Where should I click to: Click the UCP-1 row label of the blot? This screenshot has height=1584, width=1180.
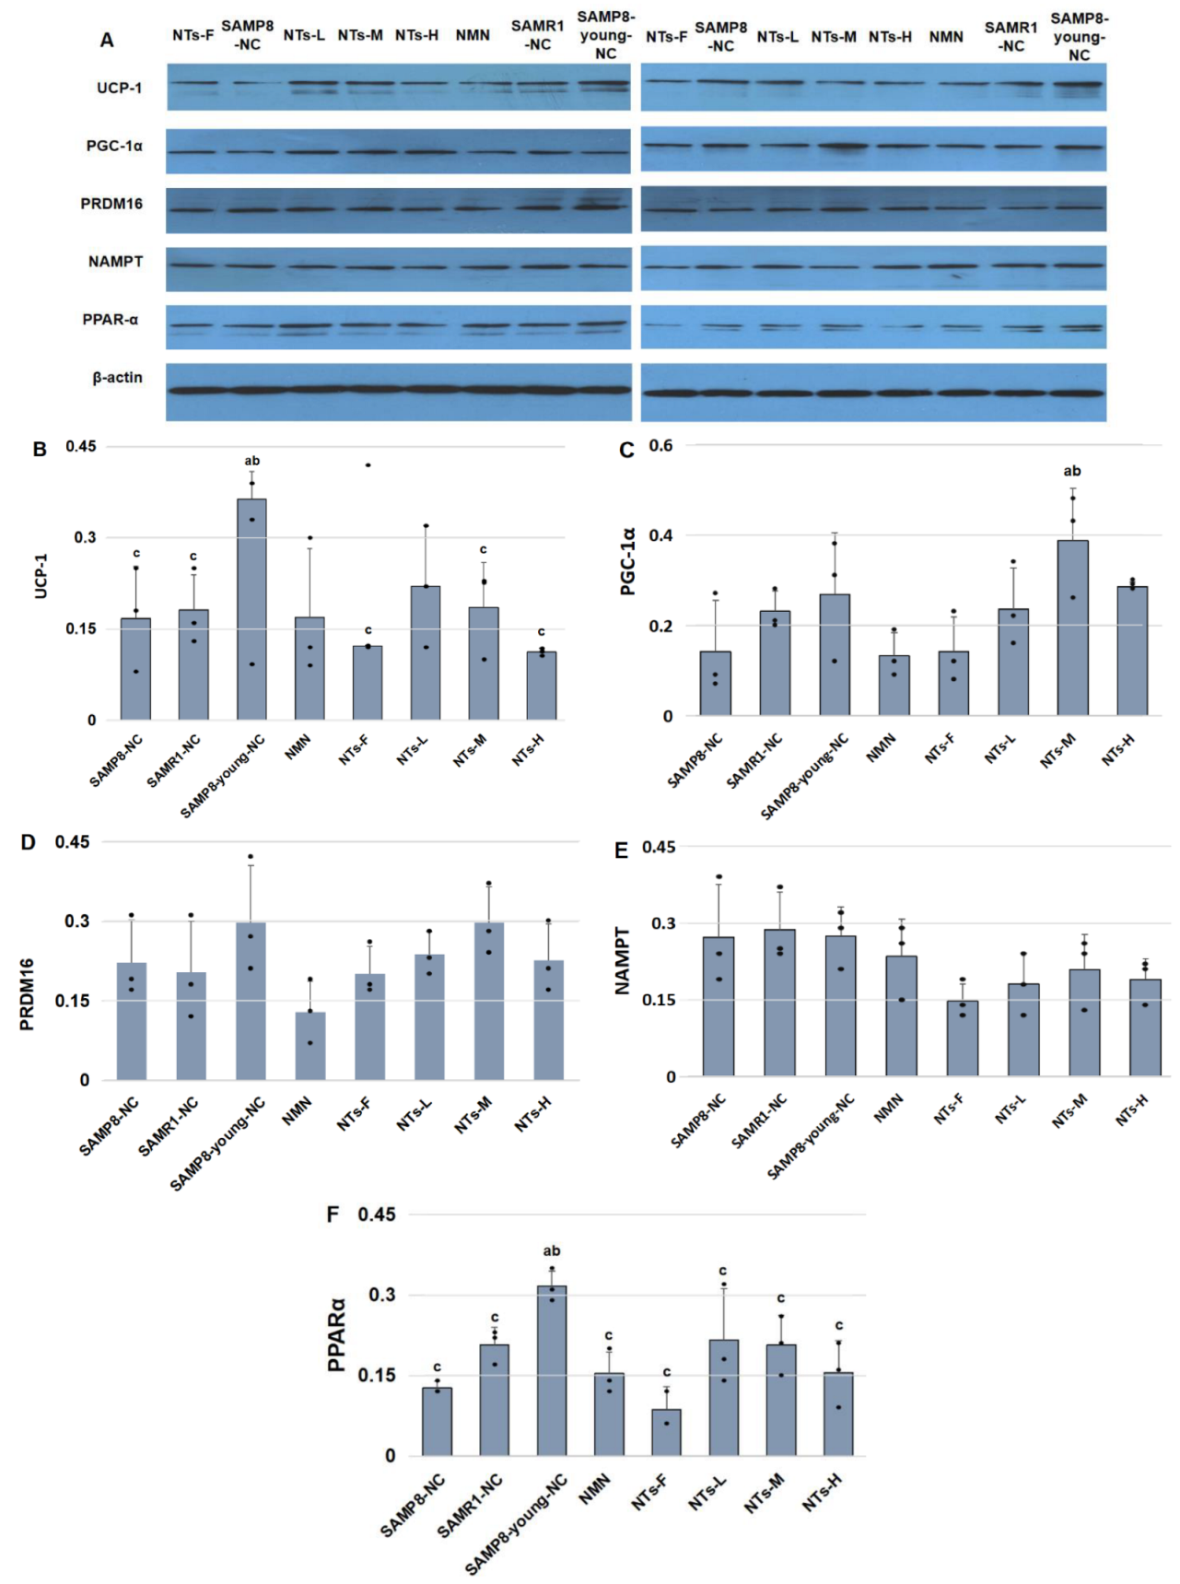(x=119, y=88)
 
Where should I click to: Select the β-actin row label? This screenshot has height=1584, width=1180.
(x=117, y=378)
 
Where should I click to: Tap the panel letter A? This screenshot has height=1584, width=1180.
(x=107, y=41)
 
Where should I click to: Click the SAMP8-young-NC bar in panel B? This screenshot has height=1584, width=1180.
(x=251, y=609)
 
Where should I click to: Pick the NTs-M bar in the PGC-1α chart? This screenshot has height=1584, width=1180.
(x=1072, y=628)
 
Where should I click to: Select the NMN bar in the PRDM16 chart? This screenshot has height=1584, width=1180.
(x=310, y=1046)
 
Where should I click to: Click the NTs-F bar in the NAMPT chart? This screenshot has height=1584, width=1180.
(x=963, y=1038)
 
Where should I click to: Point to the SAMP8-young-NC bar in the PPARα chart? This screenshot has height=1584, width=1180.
(x=552, y=1370)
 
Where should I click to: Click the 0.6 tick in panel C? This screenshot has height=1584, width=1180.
(x=660, y=446)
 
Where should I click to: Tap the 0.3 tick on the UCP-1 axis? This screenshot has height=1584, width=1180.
(x=85, y=537)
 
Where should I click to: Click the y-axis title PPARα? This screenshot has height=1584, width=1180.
(x=337, y=1335)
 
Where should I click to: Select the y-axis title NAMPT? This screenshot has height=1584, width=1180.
(x=623, y=960)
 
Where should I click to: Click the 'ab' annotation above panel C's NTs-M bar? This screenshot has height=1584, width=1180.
(x=1072, y=471)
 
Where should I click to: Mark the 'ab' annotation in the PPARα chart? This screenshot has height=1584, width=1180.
(x=552, y=1251)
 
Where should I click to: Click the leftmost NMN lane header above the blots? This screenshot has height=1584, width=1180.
(x=473, y=35)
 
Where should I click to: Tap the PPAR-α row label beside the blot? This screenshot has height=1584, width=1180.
(x=110, y=320)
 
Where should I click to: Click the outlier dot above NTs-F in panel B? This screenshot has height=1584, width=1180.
(x=368, y=465)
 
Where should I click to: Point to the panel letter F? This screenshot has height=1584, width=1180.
(x=333, y=1214)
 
